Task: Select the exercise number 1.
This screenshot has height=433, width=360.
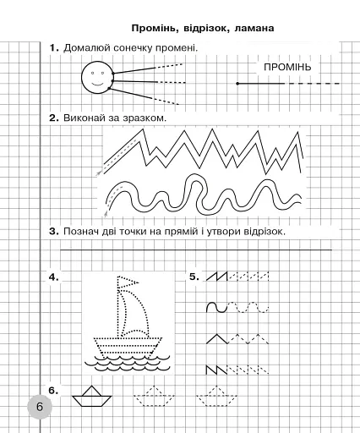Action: (x=53, y=47)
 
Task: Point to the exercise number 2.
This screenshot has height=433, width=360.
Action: (x=53, y=118)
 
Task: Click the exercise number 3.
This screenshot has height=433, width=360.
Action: (x=53, y=230)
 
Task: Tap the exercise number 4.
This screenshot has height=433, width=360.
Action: (x=53, y=277)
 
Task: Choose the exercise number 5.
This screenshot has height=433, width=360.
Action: (x=194, y=277)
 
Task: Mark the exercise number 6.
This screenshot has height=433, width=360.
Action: (x=53, y=390)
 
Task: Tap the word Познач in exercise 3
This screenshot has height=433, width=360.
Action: (x=83, y=230)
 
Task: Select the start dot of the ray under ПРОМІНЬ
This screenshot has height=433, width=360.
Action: (x=237, y=84)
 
